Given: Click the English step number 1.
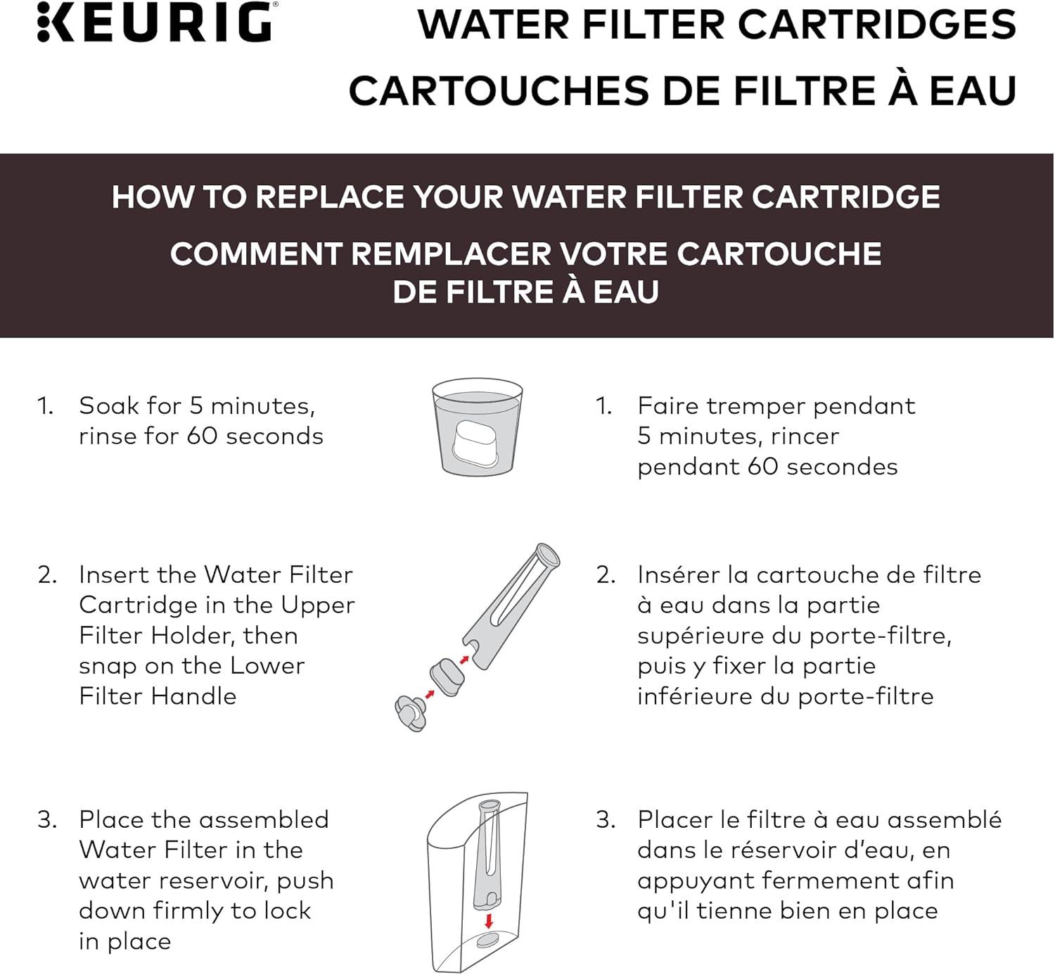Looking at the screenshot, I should pyautogui.click(x=45, y=406).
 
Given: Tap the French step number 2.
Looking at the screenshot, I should pyautogui.click(x=606, y=575).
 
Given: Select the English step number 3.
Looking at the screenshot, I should pyautogui.click(x=46, y=820).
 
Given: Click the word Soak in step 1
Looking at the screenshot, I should pyautogui.click(x=110, y=405).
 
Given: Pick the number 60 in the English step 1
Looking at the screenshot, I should pyautogui.click(x=201, y=436).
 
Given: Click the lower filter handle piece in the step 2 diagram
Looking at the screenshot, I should pyautogui.click(x=411, y=712).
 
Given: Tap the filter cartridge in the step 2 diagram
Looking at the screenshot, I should pyautogui.click(x=447, y=677).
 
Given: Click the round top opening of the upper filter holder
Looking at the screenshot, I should pyautogui.click(x=546, y=555).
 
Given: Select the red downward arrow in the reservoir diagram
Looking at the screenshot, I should pyautogui.click(x=489, y=921).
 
